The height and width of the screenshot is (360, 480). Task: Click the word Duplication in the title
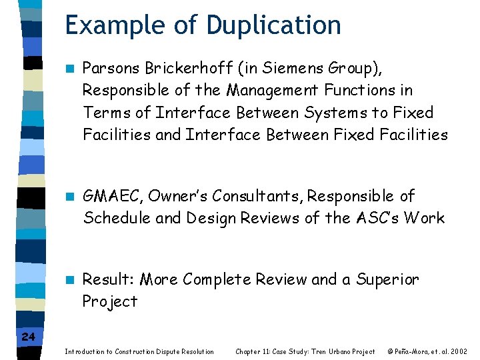[274, 25]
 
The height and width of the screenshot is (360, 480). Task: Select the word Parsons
[111, 68]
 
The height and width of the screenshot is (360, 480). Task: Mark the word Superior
[388, 279]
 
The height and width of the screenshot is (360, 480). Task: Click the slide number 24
[28, 337]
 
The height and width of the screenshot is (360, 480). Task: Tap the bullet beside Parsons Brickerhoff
[69, 68]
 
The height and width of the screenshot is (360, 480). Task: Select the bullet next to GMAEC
[69, 197]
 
